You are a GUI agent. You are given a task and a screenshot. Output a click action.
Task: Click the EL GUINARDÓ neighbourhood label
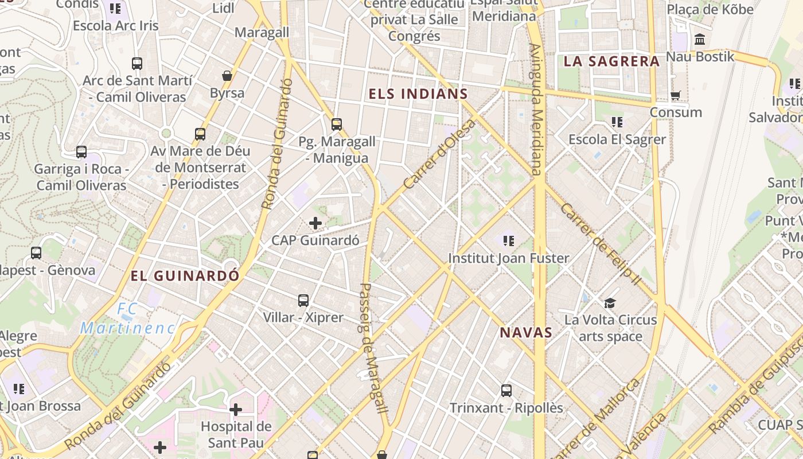pyautogui.click(x=185, y=276)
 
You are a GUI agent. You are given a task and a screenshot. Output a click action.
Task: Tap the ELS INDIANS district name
pyautogui.click(x=418, y=94)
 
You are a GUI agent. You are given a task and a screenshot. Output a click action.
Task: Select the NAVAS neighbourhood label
pyautogui.click(x=526, y=332)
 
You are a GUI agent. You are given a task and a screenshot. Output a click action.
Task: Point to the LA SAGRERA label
pyautogui.click(x=611, y=61)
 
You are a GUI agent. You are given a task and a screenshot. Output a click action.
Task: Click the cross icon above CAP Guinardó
pyautogui.click(x=315, y=223)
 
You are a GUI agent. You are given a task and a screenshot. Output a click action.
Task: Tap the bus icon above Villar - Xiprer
pyautogui.click(x=303, y=300)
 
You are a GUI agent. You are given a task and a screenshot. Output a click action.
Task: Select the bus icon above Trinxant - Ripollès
pyautogui.click(x=506, y=391)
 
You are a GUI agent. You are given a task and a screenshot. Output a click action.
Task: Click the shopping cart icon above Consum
pyautogui.click(x=676, y=95)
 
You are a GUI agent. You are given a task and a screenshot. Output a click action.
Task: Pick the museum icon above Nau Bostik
pyautogui.click(x=700, y=40)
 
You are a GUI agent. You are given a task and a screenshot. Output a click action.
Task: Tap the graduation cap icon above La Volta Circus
pyautogui.click(x=610, y=302)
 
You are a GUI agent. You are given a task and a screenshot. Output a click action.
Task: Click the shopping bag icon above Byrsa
pyautogui.click(x=227, y=76)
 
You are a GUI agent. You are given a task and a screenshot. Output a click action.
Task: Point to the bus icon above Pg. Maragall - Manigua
pyautogui.click(x=337, y=124)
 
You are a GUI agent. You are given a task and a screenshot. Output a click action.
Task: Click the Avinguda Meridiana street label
pyautogui.click(x=535, y=109)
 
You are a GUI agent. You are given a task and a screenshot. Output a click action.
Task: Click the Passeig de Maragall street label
pyautogui.click(x=373, y=348)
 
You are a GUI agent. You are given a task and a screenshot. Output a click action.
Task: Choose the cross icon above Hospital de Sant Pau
pyautogui.click(x=236, y=410)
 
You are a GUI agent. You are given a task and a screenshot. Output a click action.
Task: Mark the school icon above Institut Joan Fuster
pyautogui.click(x=508, y=241)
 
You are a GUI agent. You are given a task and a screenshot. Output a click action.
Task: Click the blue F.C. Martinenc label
pyautogui.click(x=127, y=319)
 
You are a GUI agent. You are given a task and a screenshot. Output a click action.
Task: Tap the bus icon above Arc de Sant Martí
pyautogui.click(x=137, y=64)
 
